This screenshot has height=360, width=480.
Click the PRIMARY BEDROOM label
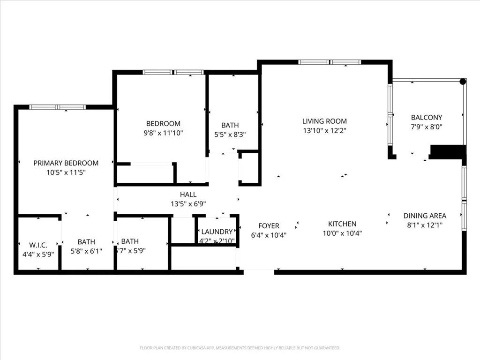tap(66, 163)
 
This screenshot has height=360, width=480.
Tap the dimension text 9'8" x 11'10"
tap(163, 133)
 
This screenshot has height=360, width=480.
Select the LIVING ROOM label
tap(324, 121)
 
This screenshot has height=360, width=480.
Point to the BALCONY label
tap(426, 118)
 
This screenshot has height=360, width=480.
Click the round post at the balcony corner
tap(463, 82)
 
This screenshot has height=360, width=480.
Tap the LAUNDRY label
tap(217, 232)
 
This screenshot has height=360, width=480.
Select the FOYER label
tap(269, 226)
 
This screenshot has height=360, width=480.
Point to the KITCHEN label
tap(342, 224)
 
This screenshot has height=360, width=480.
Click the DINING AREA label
tap(425, 216)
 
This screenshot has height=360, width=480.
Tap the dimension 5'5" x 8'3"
tap(230, 134)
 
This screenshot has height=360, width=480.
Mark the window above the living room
tap(330, 62)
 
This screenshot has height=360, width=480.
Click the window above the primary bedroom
tap(57, 107)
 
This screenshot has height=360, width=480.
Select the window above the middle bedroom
tap(173, 72)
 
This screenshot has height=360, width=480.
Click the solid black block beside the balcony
tap(447, 152)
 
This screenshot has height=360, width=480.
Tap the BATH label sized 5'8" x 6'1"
tap(86, 242)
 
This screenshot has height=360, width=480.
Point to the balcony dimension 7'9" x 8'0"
tap(427, 127)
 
